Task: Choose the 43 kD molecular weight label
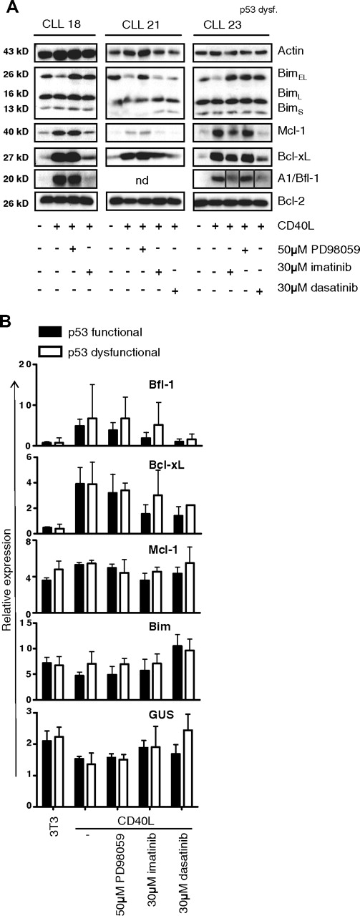(16, 52)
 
